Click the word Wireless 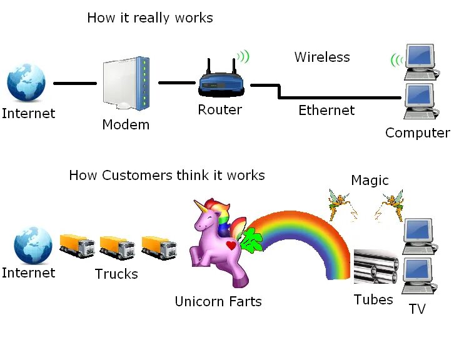322,57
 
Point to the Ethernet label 326,111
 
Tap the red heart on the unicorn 231,246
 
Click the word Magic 370,181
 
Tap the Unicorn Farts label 218,301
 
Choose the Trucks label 116,274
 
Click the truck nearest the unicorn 159,247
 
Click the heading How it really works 150,17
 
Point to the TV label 416,309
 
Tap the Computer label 416,132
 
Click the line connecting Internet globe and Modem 75,83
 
